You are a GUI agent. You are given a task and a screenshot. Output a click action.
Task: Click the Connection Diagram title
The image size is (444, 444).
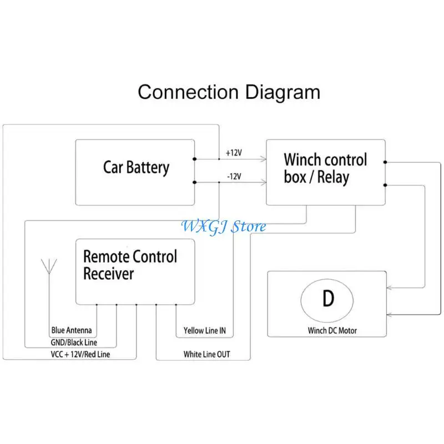(229, 92)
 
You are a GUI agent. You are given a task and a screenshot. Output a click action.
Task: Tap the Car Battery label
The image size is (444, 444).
(136, 168)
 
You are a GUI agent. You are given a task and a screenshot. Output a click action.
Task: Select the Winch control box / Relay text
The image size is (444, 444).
(325, 168)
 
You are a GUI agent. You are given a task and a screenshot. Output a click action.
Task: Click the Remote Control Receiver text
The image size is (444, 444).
(130, 265)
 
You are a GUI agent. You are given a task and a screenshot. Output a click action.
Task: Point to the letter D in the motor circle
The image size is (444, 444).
(328, 298)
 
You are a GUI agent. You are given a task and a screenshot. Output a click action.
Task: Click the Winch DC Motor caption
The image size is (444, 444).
(332, 330)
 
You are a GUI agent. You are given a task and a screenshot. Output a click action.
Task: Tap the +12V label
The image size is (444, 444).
(234, 153)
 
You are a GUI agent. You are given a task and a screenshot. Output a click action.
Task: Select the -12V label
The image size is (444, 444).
(234, 176)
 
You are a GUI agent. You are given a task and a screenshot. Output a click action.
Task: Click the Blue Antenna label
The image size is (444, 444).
(72, 330)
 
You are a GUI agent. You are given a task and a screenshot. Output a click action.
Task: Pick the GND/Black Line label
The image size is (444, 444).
(74, 342)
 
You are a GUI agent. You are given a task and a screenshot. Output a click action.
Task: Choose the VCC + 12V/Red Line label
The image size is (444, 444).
(80, 354)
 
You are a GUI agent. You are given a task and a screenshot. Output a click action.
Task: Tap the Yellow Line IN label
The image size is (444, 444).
(205, 330)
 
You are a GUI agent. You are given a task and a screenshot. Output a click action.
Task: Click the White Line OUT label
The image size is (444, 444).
(206, 354)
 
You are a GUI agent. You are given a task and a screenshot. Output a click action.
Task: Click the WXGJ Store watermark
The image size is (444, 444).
(224, 227)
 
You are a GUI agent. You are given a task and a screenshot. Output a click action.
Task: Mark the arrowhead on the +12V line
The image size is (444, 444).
(264, 159)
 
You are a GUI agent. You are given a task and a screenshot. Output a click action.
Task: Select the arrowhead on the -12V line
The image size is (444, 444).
(264, 183)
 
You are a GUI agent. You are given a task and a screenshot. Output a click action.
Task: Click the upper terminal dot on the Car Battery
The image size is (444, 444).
(195, 159)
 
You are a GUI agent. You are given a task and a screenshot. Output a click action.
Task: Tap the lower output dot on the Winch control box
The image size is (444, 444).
(385, 185)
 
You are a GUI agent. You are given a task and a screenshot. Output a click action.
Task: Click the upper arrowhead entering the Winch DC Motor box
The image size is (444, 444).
(390, 288)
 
